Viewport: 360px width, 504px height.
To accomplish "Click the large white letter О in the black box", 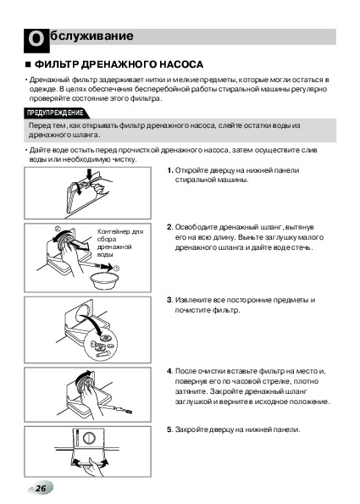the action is (x=36, y=40).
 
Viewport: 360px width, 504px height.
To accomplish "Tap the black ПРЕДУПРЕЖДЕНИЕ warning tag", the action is (x=56, y=113).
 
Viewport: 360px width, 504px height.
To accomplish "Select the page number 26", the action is (x=41, y=488).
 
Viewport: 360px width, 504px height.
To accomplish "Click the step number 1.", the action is (x=170, y=170).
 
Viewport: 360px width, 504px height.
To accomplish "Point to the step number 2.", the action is (x=170, y=227).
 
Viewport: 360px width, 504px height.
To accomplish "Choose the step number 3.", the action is (x=170, y=300).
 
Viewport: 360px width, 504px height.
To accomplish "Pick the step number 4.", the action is (x=170, y=371).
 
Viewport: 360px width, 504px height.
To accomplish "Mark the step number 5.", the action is (x=170, y=429).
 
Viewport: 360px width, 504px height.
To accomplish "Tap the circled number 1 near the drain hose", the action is (x=116, y=268).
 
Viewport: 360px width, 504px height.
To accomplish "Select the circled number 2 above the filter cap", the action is (x=58, y=230).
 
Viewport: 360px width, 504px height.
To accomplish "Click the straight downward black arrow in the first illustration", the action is (x=90, y=174).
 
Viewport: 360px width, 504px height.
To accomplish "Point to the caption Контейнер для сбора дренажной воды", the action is (x=119, y=243).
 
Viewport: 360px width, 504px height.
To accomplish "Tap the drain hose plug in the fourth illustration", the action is (x=127, y=411).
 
